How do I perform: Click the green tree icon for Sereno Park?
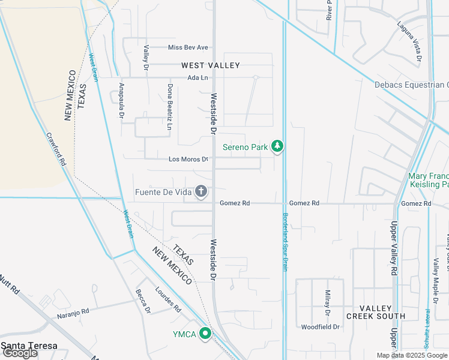point(277,146)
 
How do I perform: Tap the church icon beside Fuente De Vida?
point(201,192)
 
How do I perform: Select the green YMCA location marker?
point(205,334)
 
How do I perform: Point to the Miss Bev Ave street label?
point(188,47)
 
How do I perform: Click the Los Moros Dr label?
point(188,159)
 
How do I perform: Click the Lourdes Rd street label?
point(169,298)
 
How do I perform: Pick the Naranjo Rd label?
point(73,313)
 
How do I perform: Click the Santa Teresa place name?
point(29,346)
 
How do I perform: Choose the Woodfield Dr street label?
point(320,327)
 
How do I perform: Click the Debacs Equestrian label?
point(411,85)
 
